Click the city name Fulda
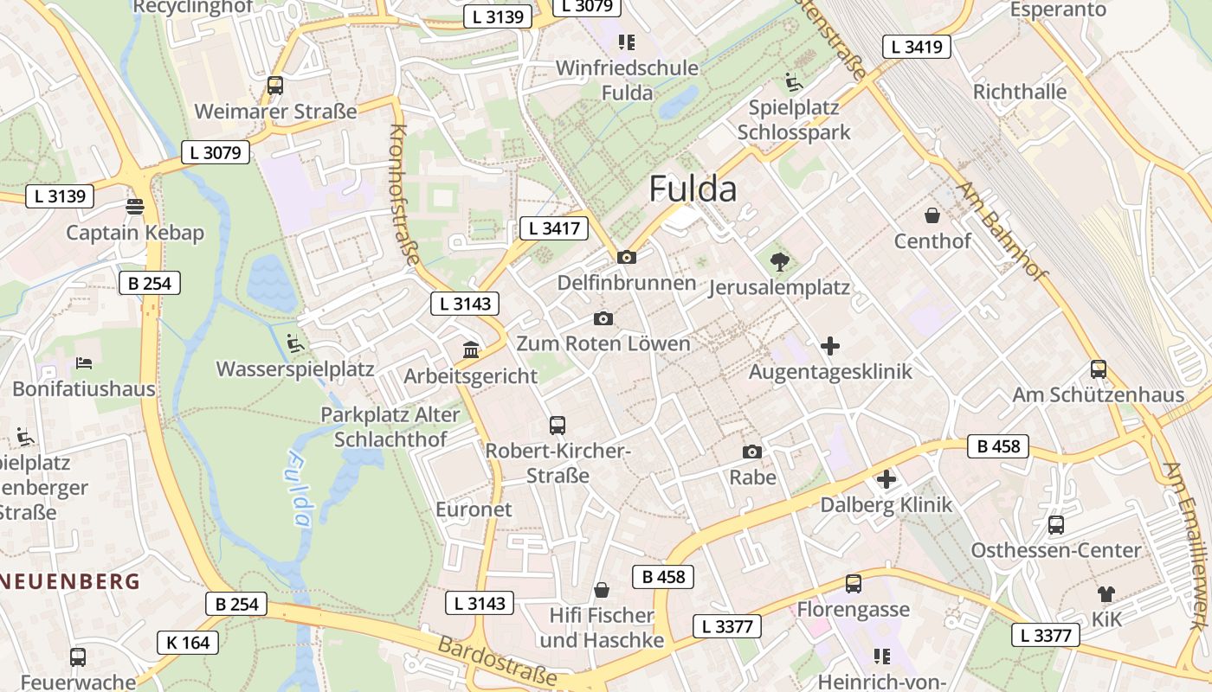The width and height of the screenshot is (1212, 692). coord(693,189)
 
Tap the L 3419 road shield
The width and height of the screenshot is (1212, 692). coord(917,47)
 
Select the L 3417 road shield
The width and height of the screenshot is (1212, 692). coord(554,228)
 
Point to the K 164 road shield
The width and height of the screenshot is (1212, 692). coord(188,643)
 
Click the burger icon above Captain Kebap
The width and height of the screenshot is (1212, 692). coord(134,207)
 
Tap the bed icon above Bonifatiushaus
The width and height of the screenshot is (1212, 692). coord(83,362)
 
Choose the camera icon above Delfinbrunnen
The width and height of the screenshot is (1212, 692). coord(626,257)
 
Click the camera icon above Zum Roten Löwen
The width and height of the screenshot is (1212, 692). coord(603,318)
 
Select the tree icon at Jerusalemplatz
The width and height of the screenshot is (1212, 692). coord(779,261)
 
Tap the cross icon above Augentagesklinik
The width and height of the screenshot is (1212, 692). coord(830,346)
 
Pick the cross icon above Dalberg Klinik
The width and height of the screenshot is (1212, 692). coord(886,479)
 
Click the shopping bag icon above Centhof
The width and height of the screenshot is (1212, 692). coord(932,215)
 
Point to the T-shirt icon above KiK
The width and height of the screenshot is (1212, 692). coord(1106,593)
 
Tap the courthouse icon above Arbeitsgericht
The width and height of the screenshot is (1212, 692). coord(471,349)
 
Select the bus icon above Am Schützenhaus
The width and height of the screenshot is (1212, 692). coord(1098,369)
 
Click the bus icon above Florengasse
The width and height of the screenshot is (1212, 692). coord(854,584)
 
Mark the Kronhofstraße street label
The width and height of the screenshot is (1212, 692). coord(404,194)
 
